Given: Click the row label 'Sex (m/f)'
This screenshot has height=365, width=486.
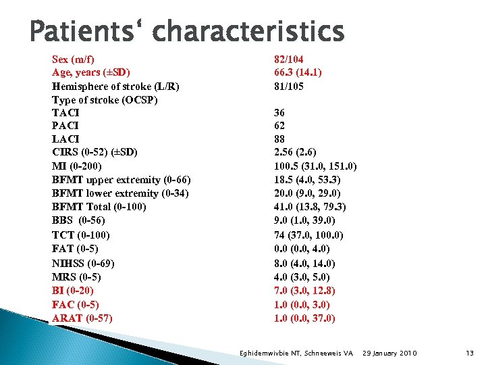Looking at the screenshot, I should (76, 58).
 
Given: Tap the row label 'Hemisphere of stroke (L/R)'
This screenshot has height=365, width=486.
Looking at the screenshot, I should (115, 86).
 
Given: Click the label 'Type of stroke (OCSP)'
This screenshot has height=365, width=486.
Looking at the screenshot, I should (105, 99).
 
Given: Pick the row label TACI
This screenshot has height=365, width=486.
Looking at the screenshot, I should (65, 113).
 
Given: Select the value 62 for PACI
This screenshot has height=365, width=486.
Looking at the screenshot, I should (280, 126).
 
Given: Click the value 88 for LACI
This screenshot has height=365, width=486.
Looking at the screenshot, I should (280, 139).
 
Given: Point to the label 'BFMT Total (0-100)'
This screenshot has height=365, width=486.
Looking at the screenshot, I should (99, 207).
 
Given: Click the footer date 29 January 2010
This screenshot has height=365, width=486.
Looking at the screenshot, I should (390, 353).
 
